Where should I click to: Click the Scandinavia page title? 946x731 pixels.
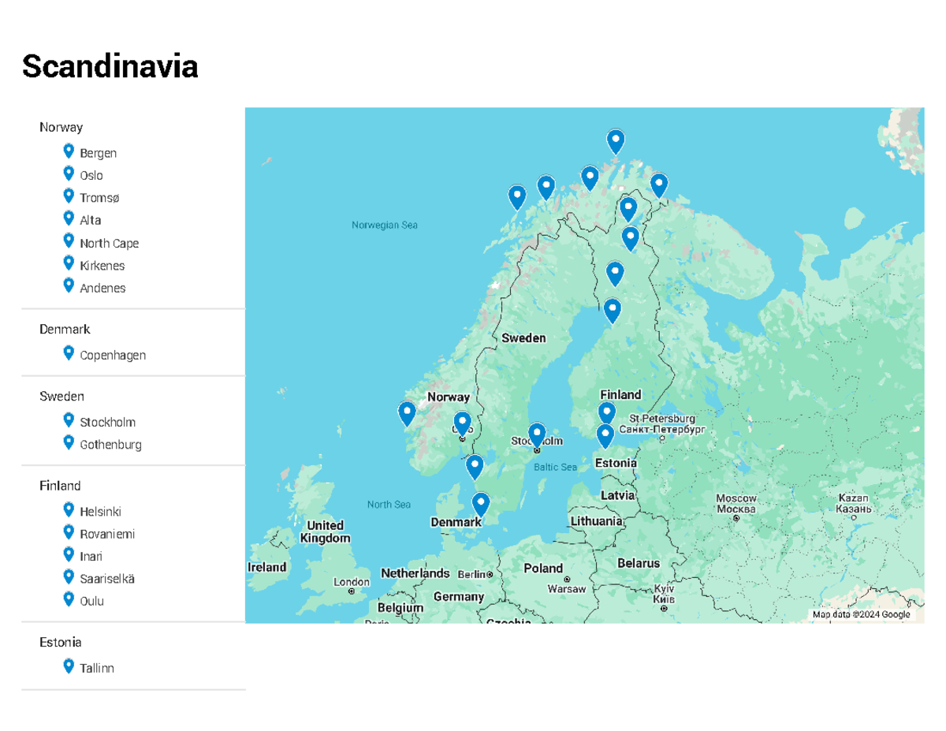click(110, 67)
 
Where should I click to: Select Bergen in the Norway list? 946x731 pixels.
click(98, 153)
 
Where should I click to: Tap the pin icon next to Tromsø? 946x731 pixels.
click(69, 196)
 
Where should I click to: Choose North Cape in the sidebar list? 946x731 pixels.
click(109, 244)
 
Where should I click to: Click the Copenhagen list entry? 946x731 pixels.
click(112, 356)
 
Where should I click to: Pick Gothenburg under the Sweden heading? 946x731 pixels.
click(110, 445)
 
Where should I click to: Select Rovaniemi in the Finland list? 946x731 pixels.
click(106, 535)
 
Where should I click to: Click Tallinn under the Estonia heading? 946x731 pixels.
click(96, 669)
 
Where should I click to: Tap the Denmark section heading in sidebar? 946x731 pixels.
click(65, 330)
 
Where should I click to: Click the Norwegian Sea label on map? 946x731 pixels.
click(384, 226)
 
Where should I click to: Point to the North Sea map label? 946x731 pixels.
click(389, 505)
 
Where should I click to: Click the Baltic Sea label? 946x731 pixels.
click(555, 468)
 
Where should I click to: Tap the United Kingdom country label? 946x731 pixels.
click(325, 531)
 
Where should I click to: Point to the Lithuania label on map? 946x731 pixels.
click(596, 522)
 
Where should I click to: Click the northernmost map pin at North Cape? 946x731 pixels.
click(615, 141)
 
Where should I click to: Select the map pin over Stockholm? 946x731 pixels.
click(536, 434)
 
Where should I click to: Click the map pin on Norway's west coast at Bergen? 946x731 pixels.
click(407, 412)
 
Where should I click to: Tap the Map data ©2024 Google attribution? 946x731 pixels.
click(861, 615)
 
